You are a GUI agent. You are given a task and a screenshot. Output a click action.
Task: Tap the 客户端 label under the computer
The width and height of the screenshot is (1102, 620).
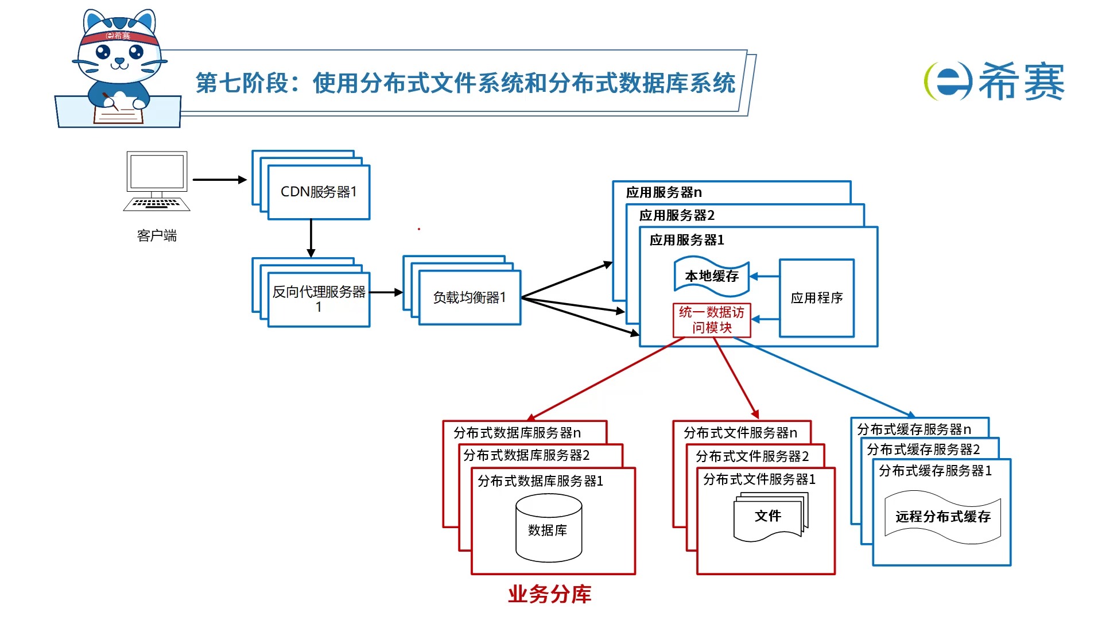click(157, 235)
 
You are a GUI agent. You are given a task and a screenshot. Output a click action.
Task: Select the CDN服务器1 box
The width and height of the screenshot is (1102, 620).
click(319, 192)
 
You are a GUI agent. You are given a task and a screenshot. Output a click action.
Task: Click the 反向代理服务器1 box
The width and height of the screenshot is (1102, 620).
click(319, 299)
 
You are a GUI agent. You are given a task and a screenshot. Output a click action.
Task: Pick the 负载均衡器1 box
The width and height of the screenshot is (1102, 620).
click(469, 297)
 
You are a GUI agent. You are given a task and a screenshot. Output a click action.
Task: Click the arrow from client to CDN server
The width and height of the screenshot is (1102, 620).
click(219, 180)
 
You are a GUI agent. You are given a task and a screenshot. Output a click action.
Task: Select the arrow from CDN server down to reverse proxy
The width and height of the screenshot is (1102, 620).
click(311, 238)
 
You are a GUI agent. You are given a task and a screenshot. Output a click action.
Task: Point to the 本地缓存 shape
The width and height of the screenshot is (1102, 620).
click(711, 276)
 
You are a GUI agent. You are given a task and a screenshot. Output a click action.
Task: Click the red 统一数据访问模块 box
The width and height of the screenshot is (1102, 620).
click(711, 320)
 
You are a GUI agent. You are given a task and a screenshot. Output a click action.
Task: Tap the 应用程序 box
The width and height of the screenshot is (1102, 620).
click(816, 298)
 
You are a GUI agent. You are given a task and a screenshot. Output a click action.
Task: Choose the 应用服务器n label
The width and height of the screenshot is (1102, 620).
click(663, 192)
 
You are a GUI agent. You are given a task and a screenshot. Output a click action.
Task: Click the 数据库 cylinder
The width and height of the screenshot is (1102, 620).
click(548, 529)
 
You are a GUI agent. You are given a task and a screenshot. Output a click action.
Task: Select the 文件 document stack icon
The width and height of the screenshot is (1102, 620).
click(769, 517)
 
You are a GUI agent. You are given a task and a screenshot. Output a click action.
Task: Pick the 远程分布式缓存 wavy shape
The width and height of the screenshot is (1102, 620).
click(942, 517)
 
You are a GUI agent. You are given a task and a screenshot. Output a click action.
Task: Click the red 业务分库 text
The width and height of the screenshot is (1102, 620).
click(549, 594)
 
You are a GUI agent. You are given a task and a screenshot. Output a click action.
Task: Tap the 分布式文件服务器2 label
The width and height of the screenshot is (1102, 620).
click(752, 456)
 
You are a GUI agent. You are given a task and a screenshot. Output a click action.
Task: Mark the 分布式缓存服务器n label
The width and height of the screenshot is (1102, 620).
click(914, 429)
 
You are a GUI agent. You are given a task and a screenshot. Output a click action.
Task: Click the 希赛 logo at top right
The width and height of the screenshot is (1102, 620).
click(995, 81)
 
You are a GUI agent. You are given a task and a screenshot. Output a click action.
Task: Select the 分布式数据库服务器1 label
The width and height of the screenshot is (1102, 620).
click(540, 481)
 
